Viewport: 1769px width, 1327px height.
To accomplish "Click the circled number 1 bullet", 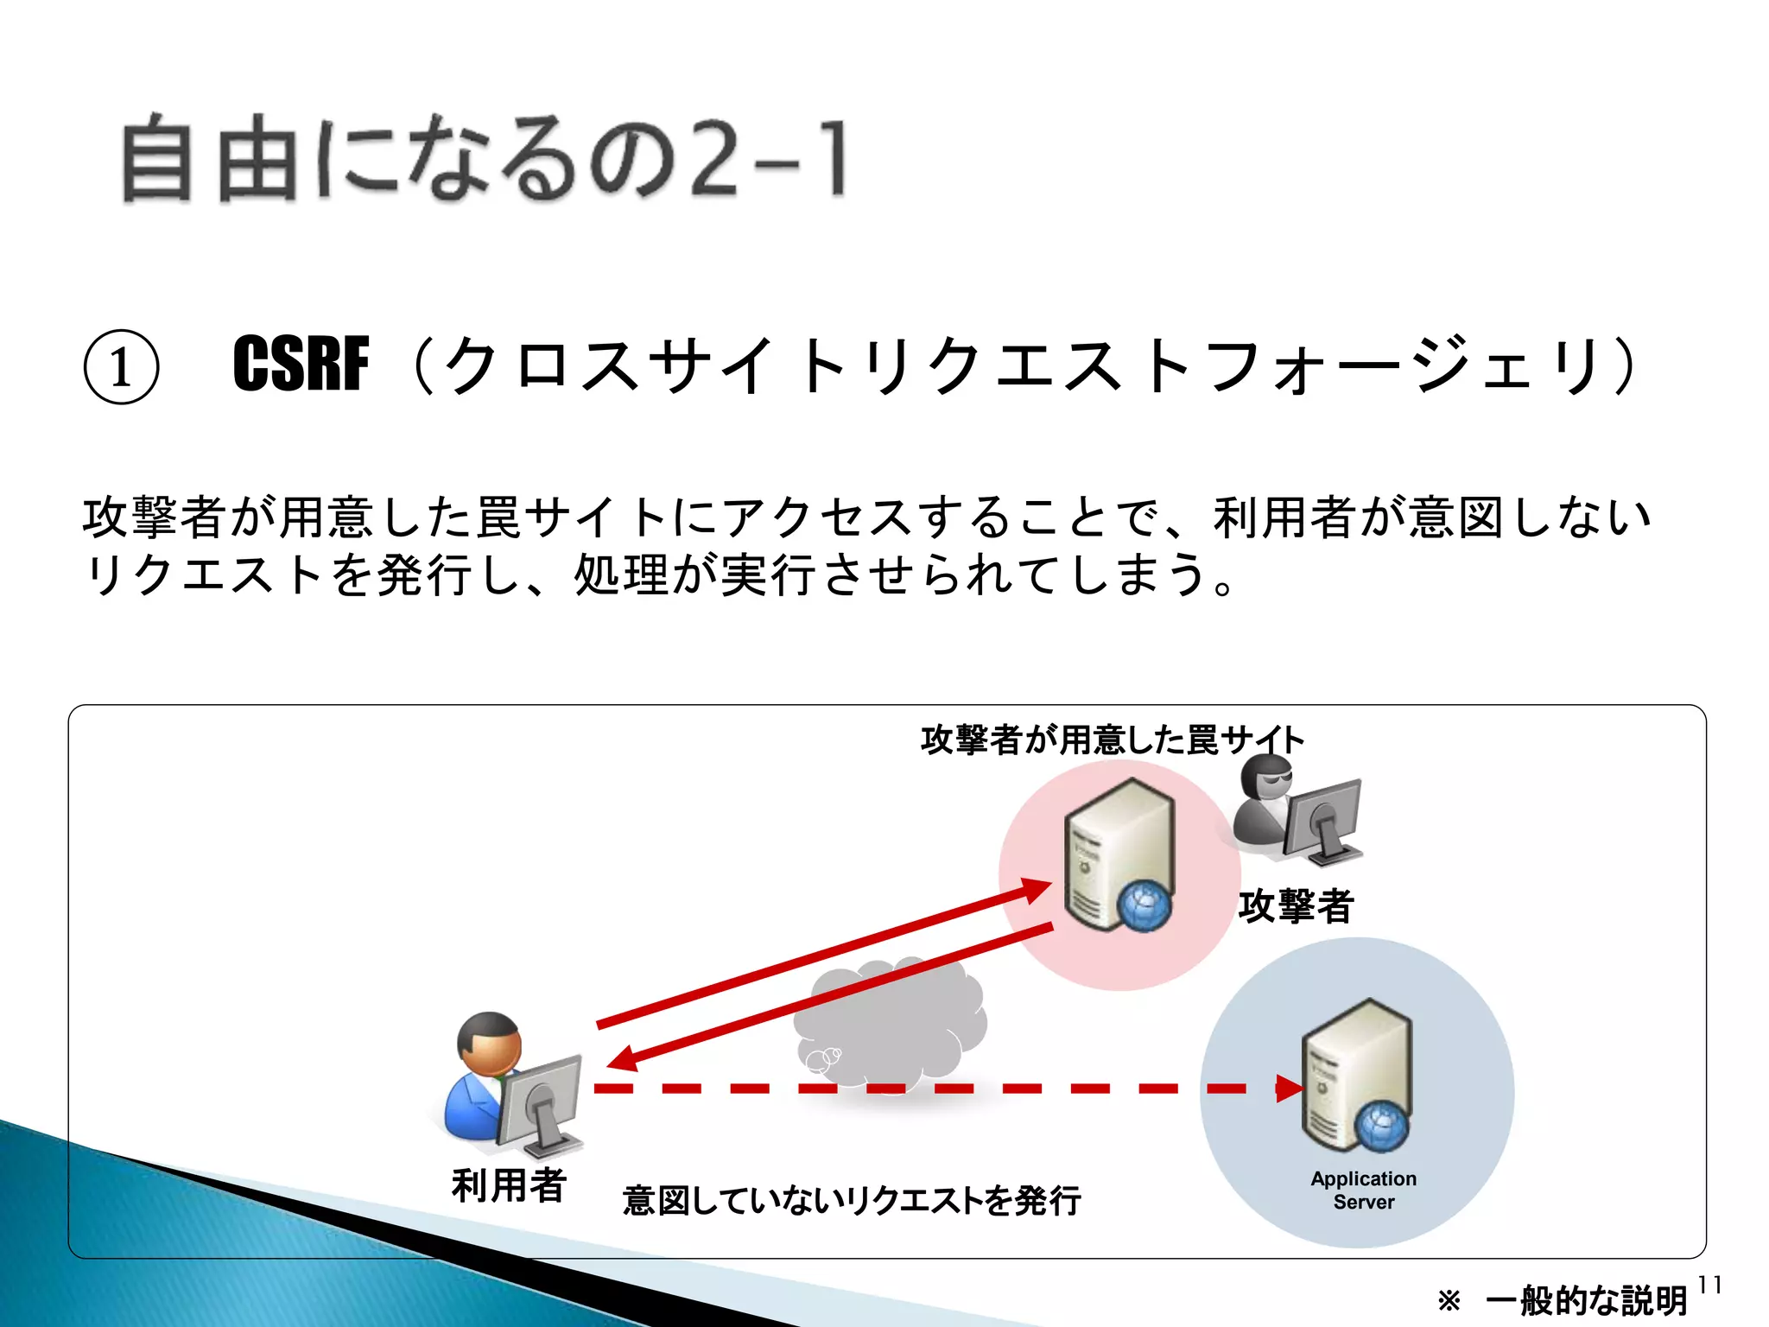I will [x=121, y=367].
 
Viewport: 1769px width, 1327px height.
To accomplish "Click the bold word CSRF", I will [x=301, y=365].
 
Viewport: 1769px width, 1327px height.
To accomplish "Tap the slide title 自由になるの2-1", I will [x=484, y=160].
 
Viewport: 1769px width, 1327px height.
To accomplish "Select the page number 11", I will [x=1709, y=1286].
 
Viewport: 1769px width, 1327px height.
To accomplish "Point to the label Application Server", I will [x=1363, y=1190].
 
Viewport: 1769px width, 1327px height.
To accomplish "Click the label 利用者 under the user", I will [x=508, y=1184].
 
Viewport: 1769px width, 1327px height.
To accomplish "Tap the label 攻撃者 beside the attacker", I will [x=1295, y=905].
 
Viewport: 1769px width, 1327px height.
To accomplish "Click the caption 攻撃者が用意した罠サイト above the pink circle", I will [x=1112, y=740].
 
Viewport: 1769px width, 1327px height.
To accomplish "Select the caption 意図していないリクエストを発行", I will [x=851, y=1200].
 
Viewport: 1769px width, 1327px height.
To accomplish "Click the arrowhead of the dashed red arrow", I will [x=1289, y=1089].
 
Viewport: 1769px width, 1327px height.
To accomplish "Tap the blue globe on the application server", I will [x=1381, y=1126].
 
